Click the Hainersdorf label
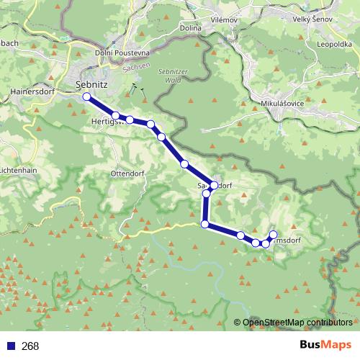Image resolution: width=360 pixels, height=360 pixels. coord(33,92)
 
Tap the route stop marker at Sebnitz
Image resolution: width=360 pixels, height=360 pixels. coord(86,96)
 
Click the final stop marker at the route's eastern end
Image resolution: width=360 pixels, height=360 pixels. coord(274,234)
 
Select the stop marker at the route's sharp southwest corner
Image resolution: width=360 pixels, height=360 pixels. coord(205,225)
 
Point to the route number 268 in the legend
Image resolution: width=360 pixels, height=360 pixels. coord(30,346)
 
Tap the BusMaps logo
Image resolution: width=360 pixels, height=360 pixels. coord(325,346)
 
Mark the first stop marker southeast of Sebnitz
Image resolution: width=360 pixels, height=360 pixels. coord(116,115)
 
